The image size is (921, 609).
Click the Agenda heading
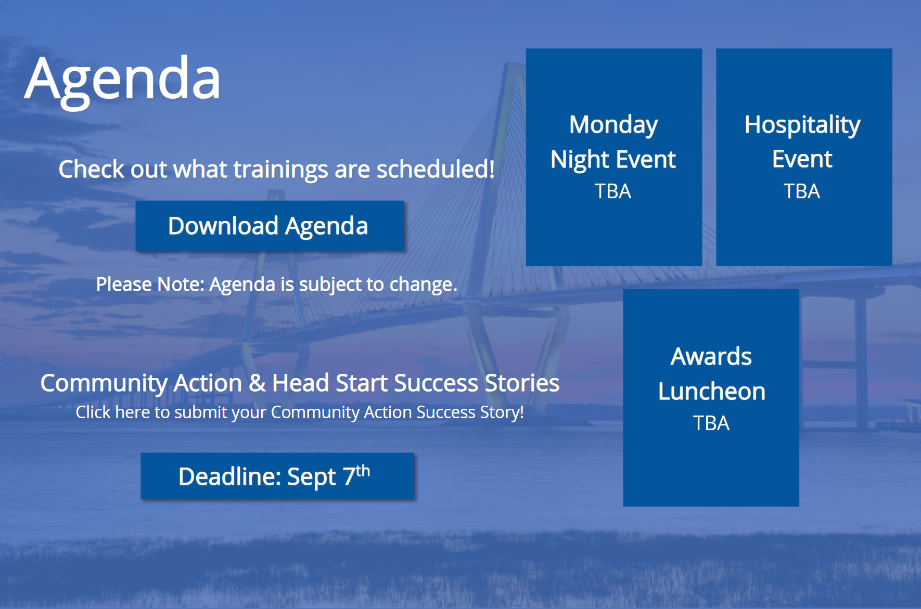[x=123, y=81]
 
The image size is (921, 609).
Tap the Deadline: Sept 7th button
[x=277, y=476]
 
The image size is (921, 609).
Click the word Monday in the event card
[x=613, y=125]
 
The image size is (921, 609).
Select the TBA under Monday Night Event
[x=613, y=191]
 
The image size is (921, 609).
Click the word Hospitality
[x=802, y=125]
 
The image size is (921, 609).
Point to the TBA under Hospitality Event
[x=802, y=191]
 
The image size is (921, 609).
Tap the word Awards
[x=711, y=357]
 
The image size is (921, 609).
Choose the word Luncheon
[x=712, y=392]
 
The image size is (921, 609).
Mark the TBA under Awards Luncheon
[x=711, y=423]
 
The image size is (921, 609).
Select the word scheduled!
[x=436, y=169]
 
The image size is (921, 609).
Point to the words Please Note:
[x=150, y=284]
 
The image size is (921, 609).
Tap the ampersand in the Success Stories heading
[x=257, y=383]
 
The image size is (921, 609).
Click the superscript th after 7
[x=363, y=471]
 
